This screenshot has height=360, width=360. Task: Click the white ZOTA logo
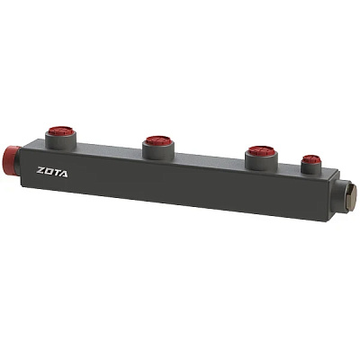pyautogui.click(x=52, y=172)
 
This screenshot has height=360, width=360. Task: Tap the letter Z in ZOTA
pyautogui.click(x=40, y=170)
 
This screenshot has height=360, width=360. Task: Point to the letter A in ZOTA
pyautogui.click(x=64, y=174)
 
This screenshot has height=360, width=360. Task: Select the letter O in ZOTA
pyautogui.click(x=49, y=171)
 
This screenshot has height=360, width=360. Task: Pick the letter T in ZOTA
pyautogui.click(x=56, y=173)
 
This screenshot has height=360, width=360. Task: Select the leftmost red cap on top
pyautogui.click(x=61, y=131)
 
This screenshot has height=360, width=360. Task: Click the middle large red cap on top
pyautogui.click(x=158, y=140)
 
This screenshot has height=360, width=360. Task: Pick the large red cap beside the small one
pyautogui.click(x=261, y=151)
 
